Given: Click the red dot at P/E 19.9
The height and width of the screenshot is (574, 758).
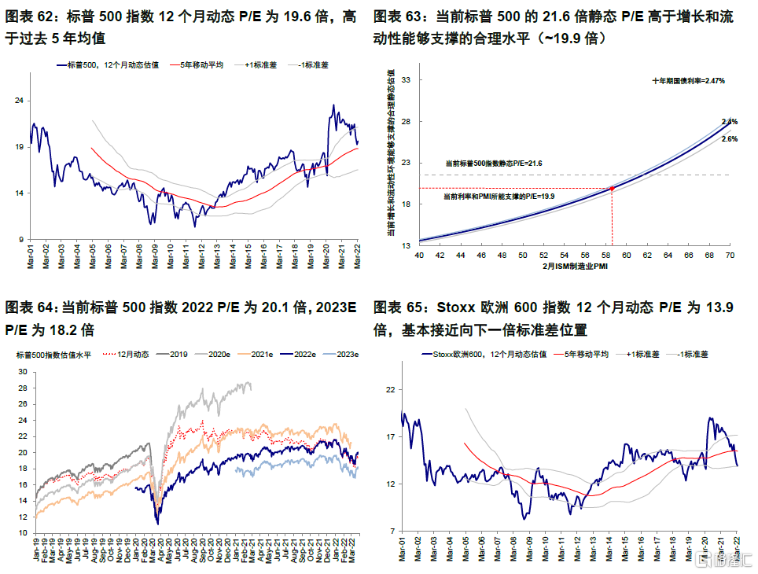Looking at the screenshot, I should [x=612, y=188].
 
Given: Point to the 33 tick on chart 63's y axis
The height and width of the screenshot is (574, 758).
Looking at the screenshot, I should [x=407, y=80].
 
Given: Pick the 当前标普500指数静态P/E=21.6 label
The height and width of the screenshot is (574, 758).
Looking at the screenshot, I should [x=494, y=163].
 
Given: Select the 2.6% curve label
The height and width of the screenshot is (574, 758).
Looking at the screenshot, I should [x=729, y=139].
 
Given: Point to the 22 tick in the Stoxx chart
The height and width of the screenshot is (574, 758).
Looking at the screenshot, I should [x=390, y=389].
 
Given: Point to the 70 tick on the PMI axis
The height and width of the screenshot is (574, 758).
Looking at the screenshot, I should [x=729, y=256].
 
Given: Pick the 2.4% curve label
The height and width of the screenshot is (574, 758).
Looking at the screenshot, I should [x=729, y=122].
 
